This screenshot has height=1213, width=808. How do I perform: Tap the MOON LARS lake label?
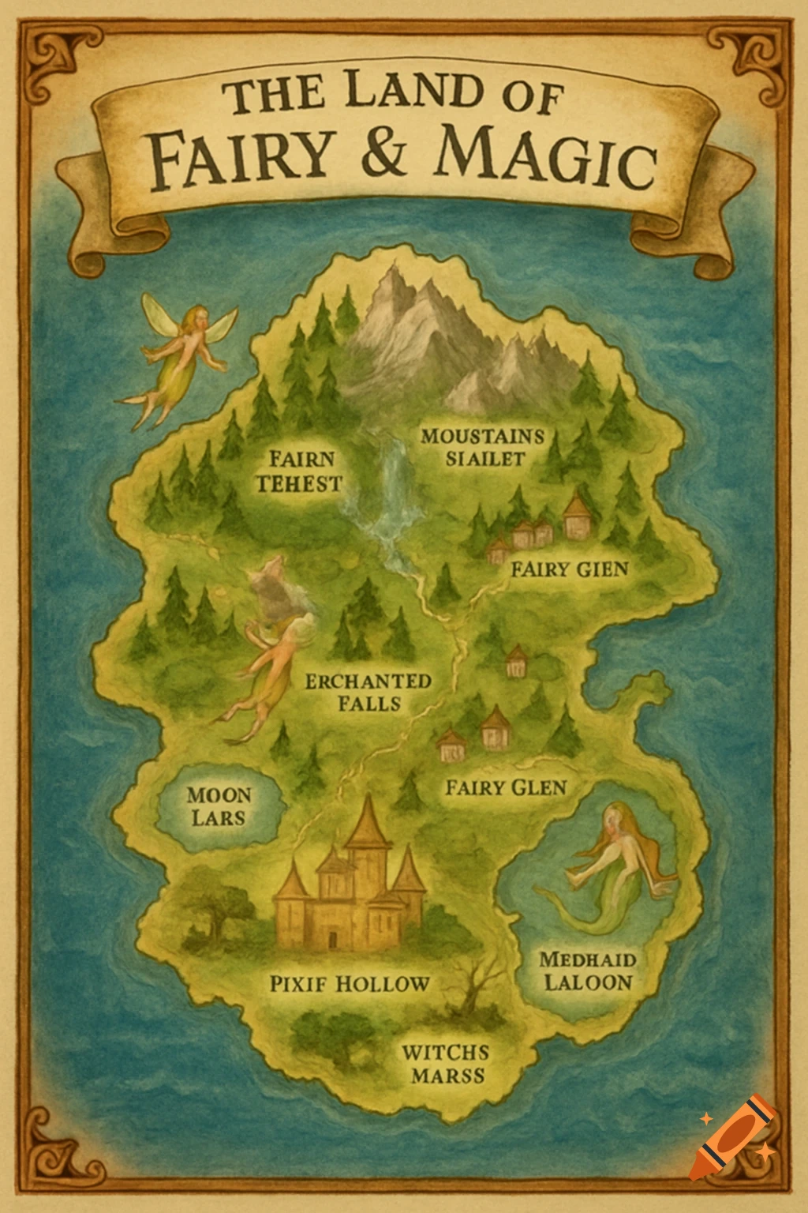tap(219, 806)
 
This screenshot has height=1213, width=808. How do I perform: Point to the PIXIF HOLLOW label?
tap(350, 984)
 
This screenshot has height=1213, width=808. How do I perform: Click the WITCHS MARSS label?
tap(445, 1063)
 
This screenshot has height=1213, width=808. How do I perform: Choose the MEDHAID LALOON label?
tap(588, 971)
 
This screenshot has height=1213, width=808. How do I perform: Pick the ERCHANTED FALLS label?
tap(368, 692)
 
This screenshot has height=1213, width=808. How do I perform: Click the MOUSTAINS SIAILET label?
tap(483, 447)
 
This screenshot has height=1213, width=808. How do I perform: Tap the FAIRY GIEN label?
tap(570, 569)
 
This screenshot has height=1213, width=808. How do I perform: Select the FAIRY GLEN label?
tap(506, 787)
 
